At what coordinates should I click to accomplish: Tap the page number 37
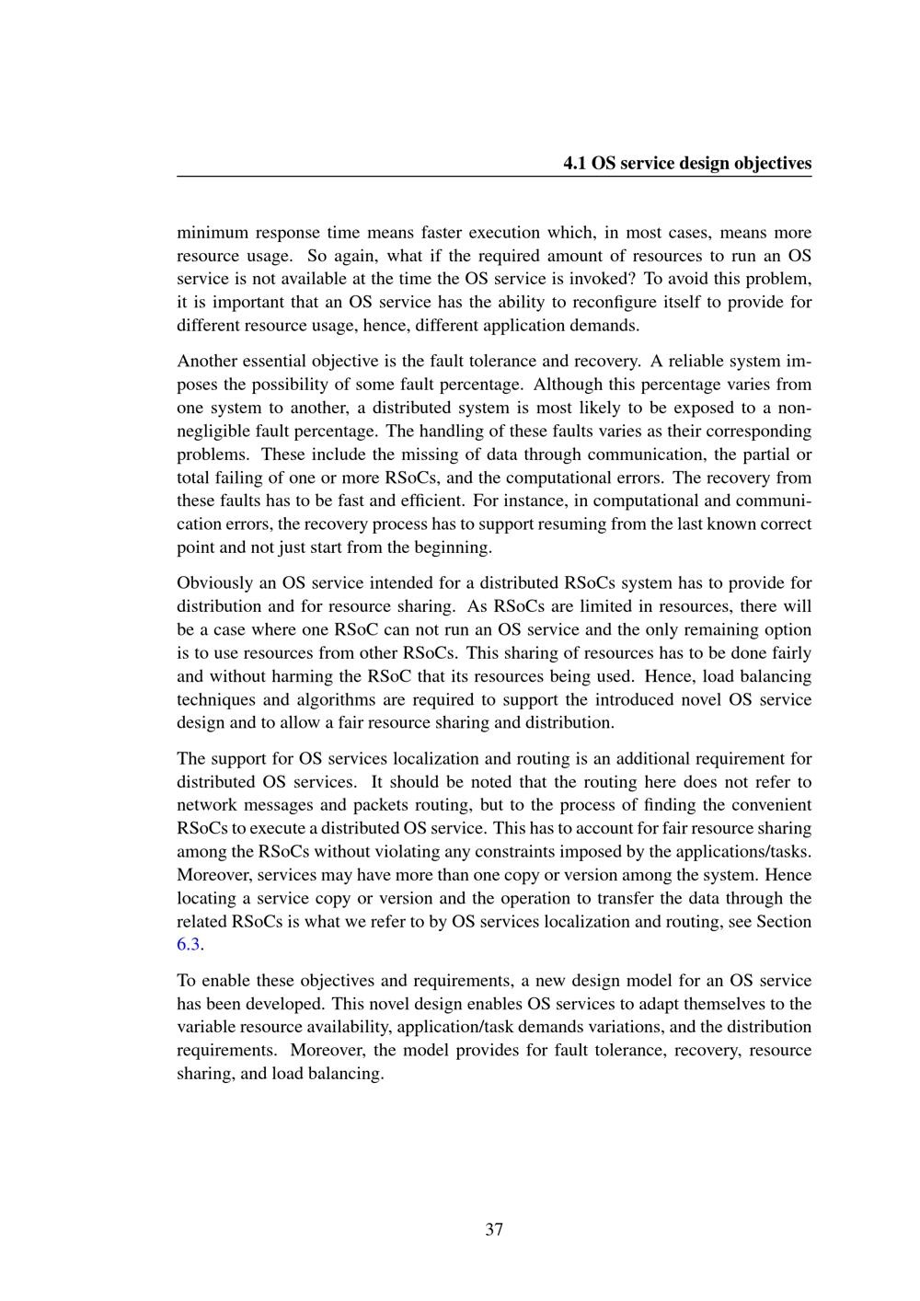494,1229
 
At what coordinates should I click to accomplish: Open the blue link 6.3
189,945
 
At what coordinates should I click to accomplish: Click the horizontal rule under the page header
494,177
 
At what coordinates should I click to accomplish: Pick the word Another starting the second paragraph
206,362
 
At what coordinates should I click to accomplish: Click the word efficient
437,501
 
